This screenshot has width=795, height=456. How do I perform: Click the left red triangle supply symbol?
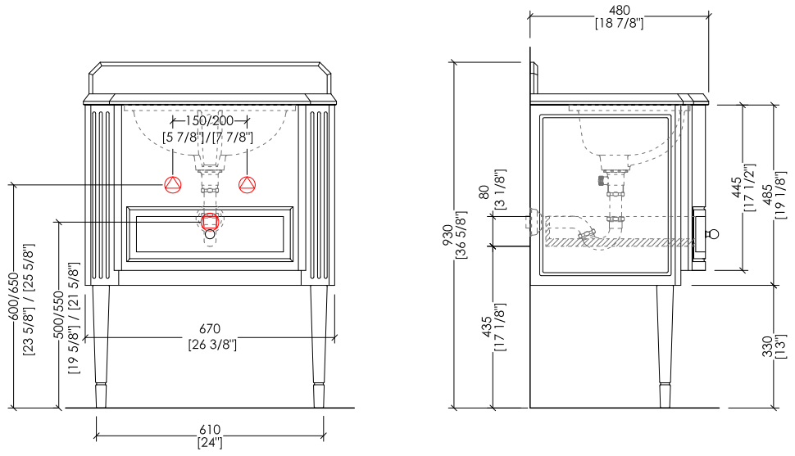click(x=173, y=184)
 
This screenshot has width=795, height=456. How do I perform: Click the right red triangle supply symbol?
click(x=247, y=184)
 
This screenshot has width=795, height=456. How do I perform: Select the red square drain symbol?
click(x=209, y=221)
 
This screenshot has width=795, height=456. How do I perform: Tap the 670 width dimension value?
click(x=210, y=329)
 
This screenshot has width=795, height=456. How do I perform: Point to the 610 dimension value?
click(x=210, y=430)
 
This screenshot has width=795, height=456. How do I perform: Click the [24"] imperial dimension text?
click(x=210, y=442)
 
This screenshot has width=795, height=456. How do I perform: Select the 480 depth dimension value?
click(x=619, y=10)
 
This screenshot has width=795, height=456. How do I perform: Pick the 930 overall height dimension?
click(x=447, y=236)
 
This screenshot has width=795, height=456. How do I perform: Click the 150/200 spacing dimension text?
click(x=209, y=120)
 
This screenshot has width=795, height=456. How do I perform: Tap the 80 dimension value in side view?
click(x=484, y=192)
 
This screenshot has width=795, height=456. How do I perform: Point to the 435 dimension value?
click(x=486, y=327)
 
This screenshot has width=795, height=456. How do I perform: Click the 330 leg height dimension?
click(x=767, y=346)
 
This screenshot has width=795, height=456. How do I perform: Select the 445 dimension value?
click(x=737, y=188)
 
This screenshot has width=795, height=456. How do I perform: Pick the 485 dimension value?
click(x=768, y=195)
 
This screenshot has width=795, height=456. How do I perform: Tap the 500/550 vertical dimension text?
click(x=59, y=315)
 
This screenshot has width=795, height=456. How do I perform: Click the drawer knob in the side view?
click(x=713, y=234)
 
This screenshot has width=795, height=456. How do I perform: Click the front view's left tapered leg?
click(x=101, y=346)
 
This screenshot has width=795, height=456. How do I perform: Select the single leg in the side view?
click(x=666, y=346)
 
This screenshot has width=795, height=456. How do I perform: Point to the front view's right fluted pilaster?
click(x=319, y=193)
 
